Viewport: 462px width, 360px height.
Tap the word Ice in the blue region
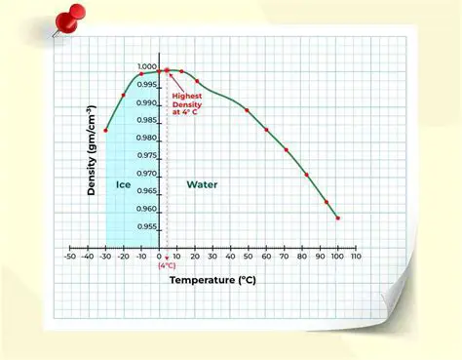[x=123, y=184]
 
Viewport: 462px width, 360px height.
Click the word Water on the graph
[x=202, y=184]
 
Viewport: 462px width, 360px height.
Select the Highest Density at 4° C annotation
[x=191, y=103]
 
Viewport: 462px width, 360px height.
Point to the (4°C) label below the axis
[x=167, y=265]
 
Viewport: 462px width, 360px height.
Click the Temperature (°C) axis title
[x=212, y=280]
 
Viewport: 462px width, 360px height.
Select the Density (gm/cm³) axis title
[x=92, y=151]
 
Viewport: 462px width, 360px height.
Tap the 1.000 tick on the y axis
[x=146, y=67]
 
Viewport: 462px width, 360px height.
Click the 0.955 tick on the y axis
[x=146, y=226]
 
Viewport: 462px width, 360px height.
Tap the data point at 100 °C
[x=337, y=219]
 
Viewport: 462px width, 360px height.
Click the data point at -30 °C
[x=105, y=130]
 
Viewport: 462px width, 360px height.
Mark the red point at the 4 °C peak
[x=167, y=70]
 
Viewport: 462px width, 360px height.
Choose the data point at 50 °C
[x=248, y=110]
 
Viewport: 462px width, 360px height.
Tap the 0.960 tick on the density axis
[x=146, y=209]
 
